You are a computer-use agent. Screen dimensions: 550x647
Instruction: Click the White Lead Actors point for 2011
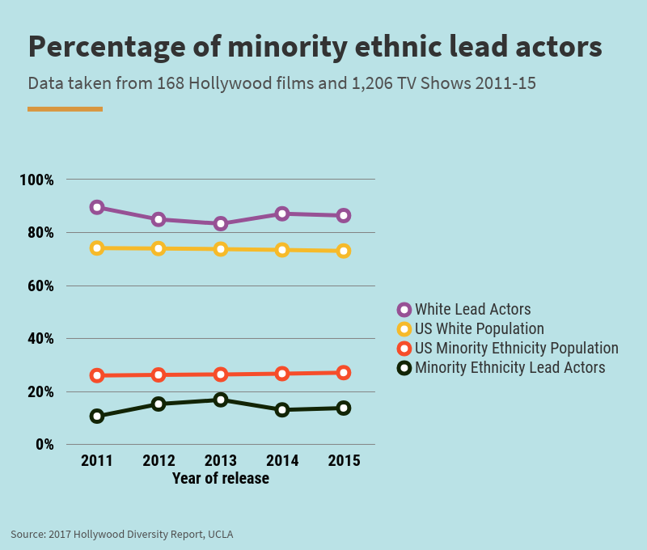tap(97, 207)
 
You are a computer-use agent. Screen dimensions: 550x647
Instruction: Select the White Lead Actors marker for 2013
tap(221, 223)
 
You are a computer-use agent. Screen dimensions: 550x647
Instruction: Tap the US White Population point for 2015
tap(344, 251)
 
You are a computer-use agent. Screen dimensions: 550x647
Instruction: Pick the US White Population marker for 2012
tap(159, 248)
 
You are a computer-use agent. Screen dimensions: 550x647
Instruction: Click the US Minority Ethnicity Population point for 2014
tap(282, 374)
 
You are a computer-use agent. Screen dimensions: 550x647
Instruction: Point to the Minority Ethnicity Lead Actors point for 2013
tap(221, 400)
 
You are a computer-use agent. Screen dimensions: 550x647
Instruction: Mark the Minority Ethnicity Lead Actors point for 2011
tap(97, 417)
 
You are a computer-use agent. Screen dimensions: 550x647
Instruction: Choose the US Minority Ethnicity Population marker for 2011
tap(97, 375)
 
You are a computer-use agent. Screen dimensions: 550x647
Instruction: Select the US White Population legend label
tap(479, 328)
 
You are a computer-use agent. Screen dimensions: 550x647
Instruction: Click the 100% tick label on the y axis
tap(36, 180)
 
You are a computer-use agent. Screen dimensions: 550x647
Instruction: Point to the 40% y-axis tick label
tap(40, 338)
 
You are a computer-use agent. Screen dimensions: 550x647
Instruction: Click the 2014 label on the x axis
tap(282, 461)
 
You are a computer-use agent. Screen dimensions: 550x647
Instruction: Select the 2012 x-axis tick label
tap(159, 461)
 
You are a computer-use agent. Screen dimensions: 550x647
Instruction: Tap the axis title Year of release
tap(221, 478)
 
